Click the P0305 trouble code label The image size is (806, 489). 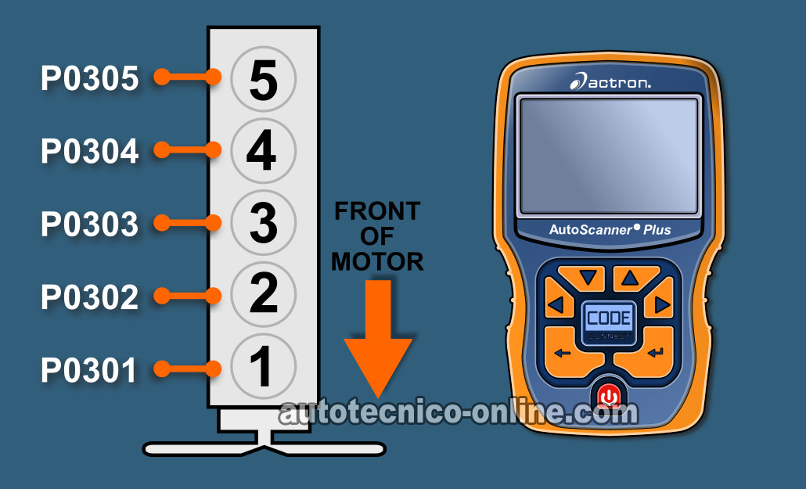tap(90, 79)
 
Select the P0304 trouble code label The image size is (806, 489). tap(90, 151)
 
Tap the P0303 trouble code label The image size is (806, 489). tap(90, 225)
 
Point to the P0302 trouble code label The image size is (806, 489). tap(90, 297)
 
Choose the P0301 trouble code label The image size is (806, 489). tap(89, 370)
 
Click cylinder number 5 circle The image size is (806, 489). tap(263, 79)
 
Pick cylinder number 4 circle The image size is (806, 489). tap(263, 151)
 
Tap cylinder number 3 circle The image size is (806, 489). tap(263, 223)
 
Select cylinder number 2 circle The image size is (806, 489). tap(263, 294)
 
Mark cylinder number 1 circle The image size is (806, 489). tap(263, 366)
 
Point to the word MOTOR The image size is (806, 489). tap(377, 262)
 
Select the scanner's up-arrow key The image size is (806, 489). tap(631, 279)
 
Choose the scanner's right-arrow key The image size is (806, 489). tap(661, 304)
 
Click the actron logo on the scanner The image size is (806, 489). tap(610, 81)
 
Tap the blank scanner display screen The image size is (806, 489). tap(609, 155)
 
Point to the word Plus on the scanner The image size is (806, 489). tap(657, 230)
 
